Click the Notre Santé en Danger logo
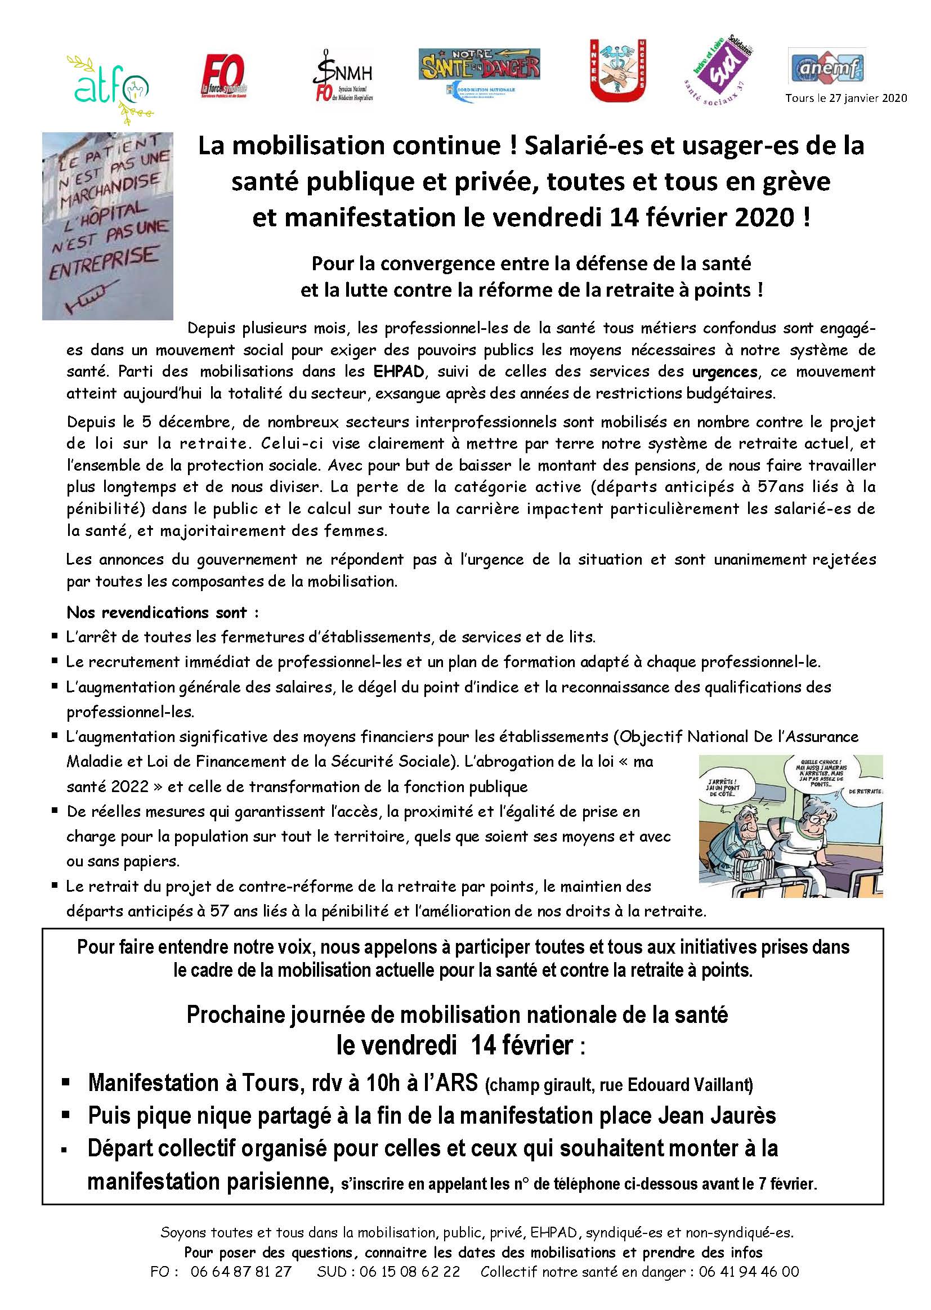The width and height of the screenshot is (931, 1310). tap(479, 72)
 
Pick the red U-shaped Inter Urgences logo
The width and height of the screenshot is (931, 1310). tap(618, 70)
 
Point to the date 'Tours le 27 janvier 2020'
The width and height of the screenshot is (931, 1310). tap(845, 98)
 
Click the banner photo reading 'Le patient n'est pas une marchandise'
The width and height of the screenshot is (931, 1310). tap(108, 226)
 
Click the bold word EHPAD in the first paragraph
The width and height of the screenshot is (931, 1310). tap(399, 372)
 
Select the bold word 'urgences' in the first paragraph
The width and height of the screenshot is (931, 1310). tap(724, 372)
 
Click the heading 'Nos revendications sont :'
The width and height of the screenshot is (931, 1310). tap(163, 612)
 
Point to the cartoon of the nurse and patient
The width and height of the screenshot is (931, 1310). tap(790, 826)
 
